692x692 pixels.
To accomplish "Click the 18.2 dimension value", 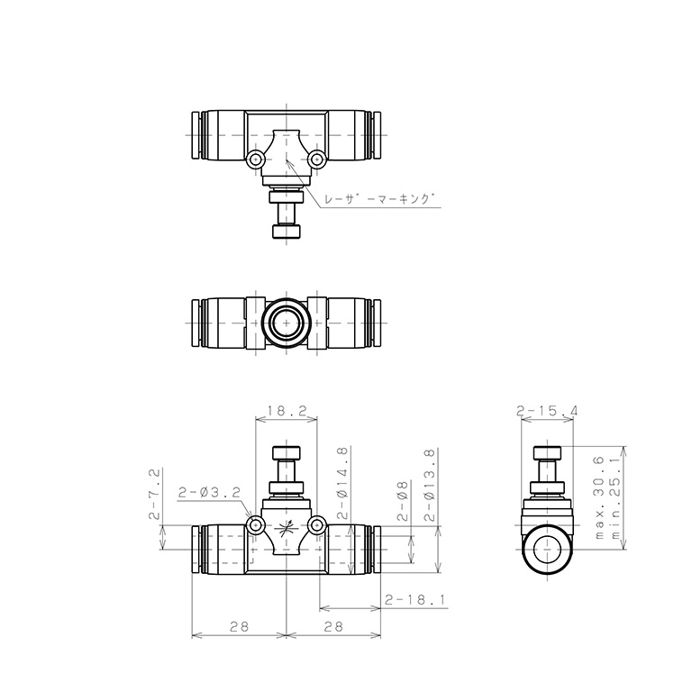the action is tap(287, 411).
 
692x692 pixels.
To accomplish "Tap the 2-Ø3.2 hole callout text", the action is tap(209, 492).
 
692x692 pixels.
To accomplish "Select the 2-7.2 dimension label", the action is tap(154, 494).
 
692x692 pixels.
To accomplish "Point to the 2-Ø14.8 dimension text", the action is tap(343, 482).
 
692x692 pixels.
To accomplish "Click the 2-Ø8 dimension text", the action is tap(404, 501).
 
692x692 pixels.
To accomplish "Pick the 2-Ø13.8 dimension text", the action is tap(430, 485).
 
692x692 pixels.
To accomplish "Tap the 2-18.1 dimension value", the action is tap(414, 600).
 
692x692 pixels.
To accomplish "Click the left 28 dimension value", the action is tap(239, 626).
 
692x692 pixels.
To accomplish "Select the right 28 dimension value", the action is tap(333, 626).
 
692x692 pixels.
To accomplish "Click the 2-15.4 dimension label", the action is tap(547, 411).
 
